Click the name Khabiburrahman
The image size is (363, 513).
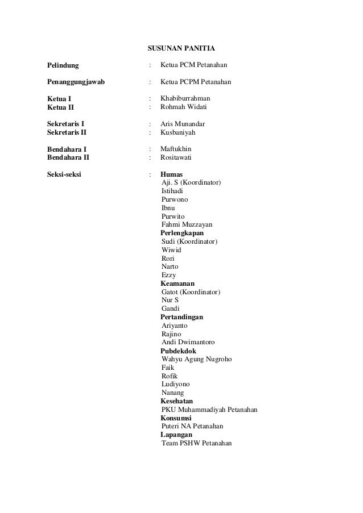(x=185, y=99)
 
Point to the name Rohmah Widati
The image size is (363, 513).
(x=183, y=107)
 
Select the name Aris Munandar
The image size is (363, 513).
(x=183, y=124)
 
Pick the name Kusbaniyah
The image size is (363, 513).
(x=178, y=132)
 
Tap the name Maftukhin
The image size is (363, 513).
(x=176, y=149)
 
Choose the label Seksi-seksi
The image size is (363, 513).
(x=64, y=174)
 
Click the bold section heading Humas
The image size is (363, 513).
(x=171, y=174)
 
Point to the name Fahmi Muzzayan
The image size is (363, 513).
(x=187, y=224)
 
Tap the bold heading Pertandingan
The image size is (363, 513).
(x=181, y=317)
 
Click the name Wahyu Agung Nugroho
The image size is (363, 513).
(x=196, y=359)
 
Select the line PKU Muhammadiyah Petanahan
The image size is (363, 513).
(x=209, y=410)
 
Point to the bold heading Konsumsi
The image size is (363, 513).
(x=176, y=418)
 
